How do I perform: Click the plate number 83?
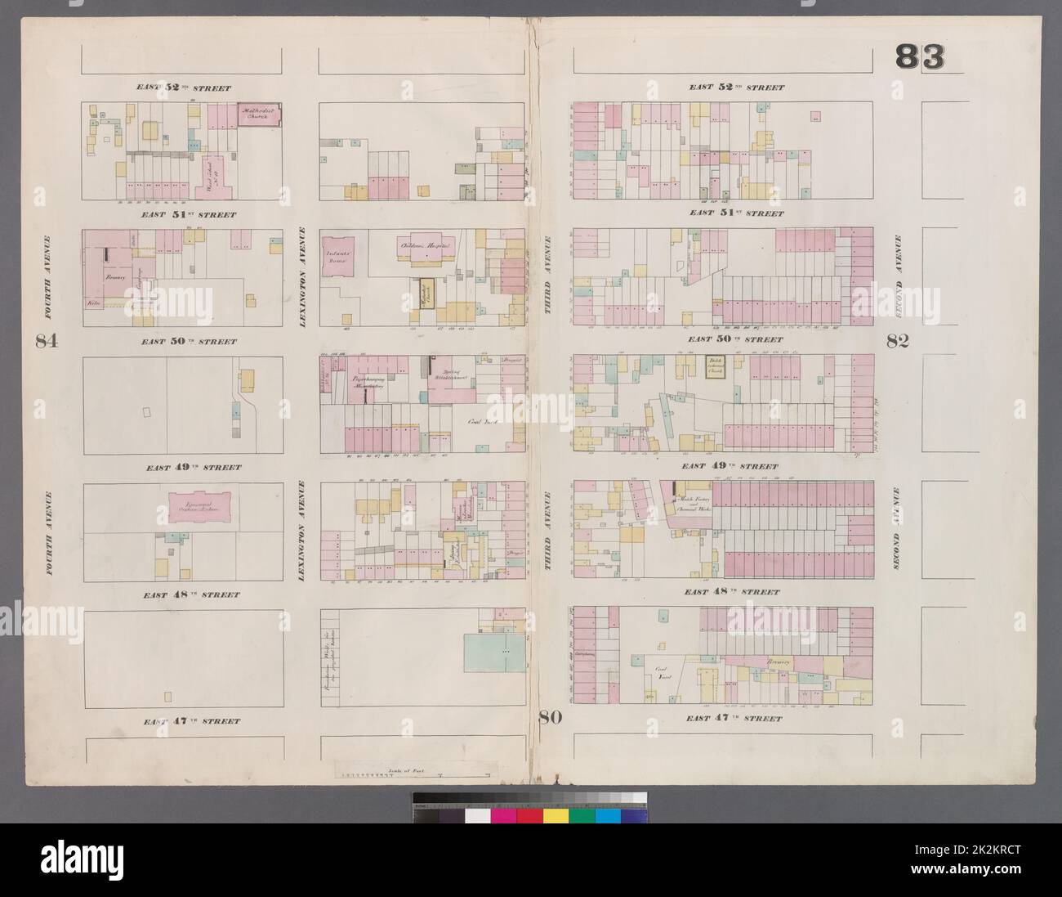coord(921,57)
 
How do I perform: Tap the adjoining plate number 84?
coord(47,342)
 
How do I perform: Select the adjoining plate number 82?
coord(897,342)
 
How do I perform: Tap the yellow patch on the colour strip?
coord(556,816)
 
